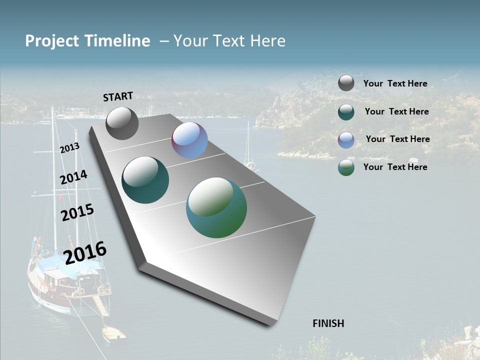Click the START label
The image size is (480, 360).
tap(118, 96)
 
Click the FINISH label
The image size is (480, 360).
tap(328, 323)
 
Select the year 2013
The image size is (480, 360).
tap(69, 148)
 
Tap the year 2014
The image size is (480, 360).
tap(73, 177)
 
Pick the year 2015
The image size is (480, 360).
tap(77, 212)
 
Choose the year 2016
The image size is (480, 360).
tap(85, 252)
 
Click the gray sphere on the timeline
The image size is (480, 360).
tap(122, 123)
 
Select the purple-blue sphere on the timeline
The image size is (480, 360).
tap(189, 140)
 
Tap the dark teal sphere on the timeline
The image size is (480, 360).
tap(145, 180)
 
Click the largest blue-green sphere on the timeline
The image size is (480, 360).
tap(216, 207)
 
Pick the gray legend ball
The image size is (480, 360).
tap(346, 83)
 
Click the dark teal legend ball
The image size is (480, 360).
tap(346, 112)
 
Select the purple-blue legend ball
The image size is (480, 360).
tap(346, 140)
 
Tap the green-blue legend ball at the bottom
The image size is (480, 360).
tap(346, 167)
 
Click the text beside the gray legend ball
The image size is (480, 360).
tap(395, 84)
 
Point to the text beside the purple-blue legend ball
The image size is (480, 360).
tap(397, 139)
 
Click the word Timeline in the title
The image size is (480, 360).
tap(117, 41)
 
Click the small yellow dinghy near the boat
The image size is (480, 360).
tap(114, 332)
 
